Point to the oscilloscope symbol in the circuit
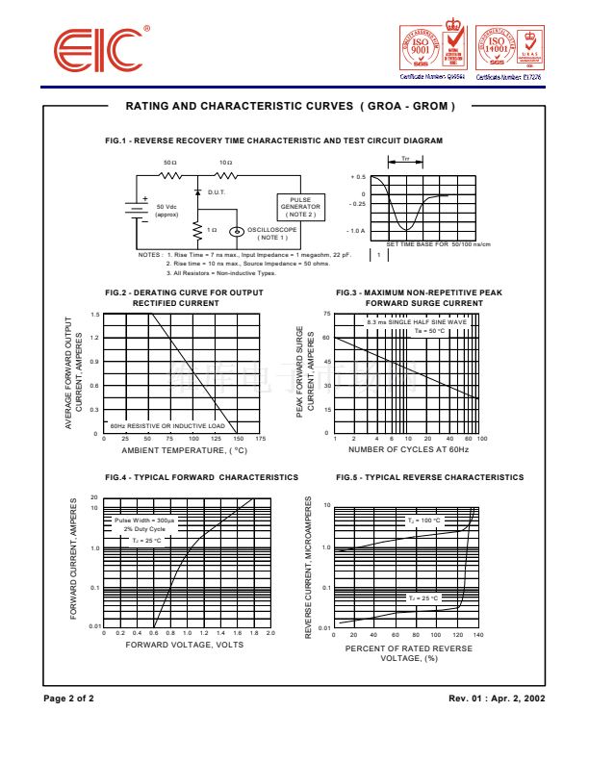click(x=235, y=231)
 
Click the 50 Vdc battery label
click(x=166, y=211)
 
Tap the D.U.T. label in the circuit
click(x=216, y=192)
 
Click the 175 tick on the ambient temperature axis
click(x=261, y=439)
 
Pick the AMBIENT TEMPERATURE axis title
click(x=184, y=450)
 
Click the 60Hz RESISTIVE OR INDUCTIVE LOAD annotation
click(x=166, y=425)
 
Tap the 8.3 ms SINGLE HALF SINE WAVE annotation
click(x=417, y=321)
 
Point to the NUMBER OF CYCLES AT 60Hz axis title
click(x=408, y=450)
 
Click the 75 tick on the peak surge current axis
click(x=327, y=315)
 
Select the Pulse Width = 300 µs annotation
click(x=144, y=520)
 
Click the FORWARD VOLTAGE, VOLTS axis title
click(x=184, y=645)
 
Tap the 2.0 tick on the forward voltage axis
click(x=270, y=633)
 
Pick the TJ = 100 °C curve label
click(x=423, y=521)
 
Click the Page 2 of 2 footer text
click(x=69, y=697)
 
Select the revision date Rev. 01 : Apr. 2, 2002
click(x=497, y=697)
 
